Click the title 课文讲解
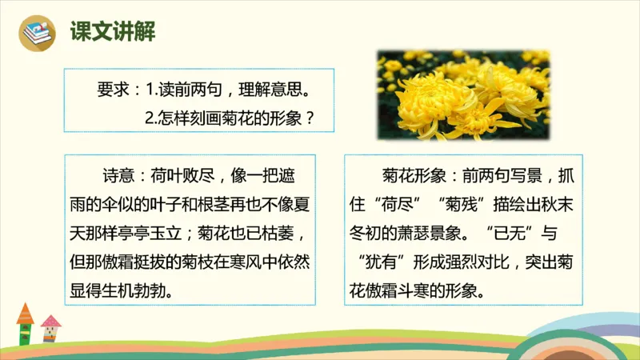112,32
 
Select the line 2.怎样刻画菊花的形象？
229,116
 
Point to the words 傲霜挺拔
132,262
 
